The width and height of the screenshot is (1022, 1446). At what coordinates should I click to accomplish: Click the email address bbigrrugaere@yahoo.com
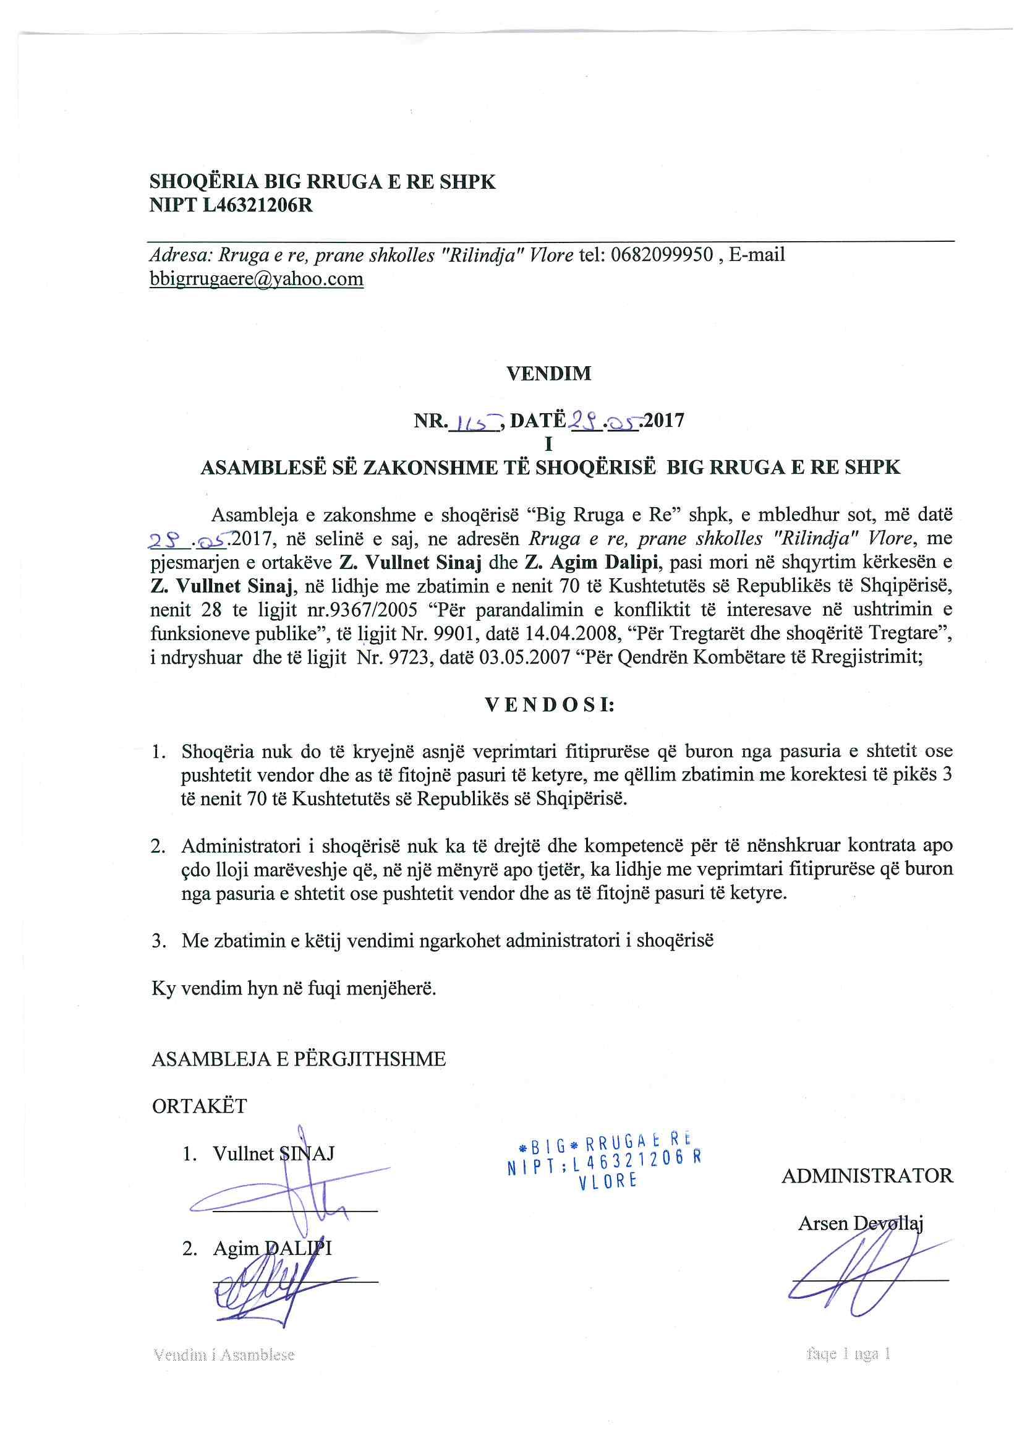click(257, 278)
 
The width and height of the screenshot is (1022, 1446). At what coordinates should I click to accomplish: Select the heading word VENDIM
click(549, 373)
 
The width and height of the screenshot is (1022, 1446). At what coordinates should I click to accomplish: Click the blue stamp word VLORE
click(608, 1182)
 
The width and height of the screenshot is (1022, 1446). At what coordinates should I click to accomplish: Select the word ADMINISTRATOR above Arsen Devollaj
click(867, 1175)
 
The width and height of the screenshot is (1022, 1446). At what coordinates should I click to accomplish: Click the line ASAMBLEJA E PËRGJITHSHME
click(299, 1059)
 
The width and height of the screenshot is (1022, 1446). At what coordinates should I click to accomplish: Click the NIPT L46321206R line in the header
click(231, 205)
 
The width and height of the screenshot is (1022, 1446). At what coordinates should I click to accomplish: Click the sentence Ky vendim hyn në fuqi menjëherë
click(294, 987)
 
